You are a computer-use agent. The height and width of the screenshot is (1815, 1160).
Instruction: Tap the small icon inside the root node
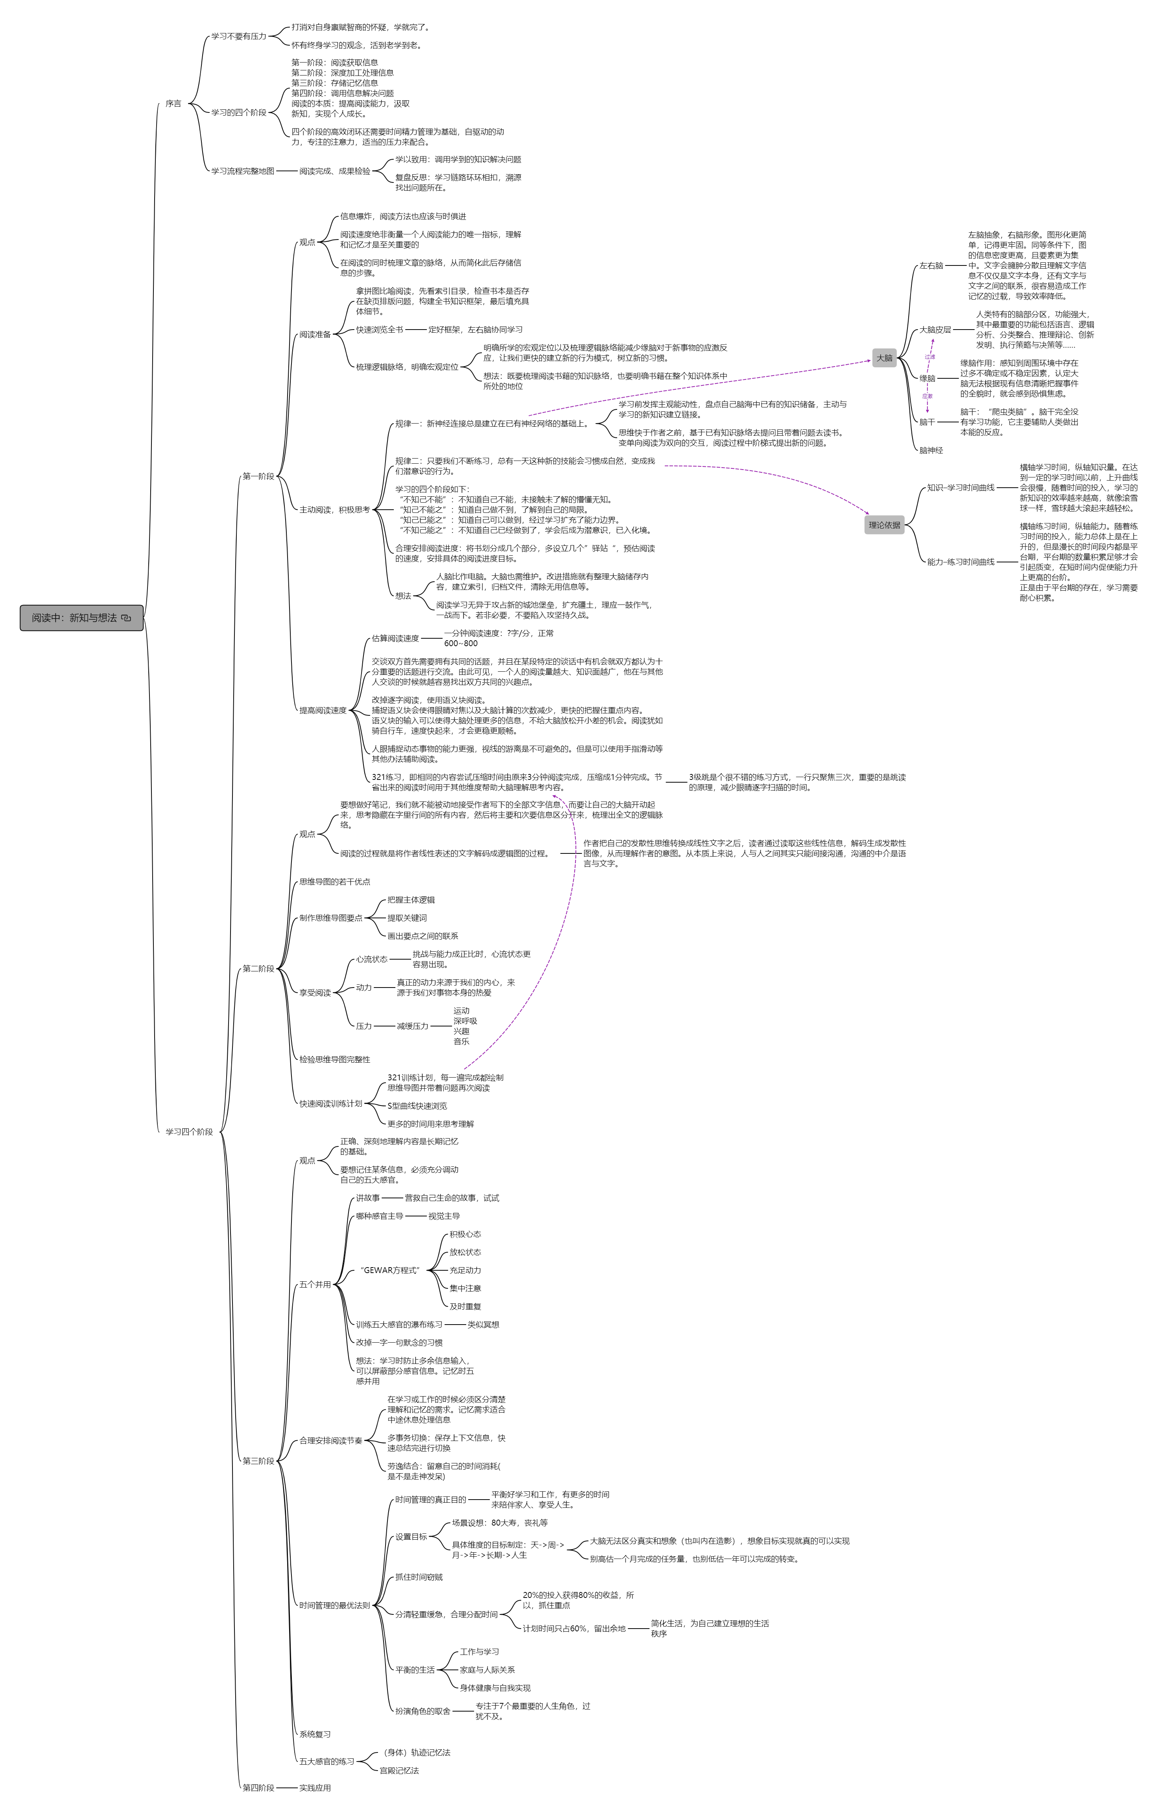tap(126, 618)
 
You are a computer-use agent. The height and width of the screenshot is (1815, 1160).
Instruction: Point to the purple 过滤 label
tap(929, 357)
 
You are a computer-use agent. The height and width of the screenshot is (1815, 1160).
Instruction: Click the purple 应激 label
tap(927, 396)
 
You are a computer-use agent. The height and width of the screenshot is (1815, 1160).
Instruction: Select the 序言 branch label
tap(173, 103)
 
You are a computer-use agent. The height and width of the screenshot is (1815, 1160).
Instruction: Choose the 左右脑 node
tap(931, 265)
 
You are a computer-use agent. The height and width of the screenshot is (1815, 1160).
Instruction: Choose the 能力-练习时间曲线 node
tap(961, 562)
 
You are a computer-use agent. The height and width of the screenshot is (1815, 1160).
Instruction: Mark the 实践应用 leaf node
tap(315, 1787)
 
